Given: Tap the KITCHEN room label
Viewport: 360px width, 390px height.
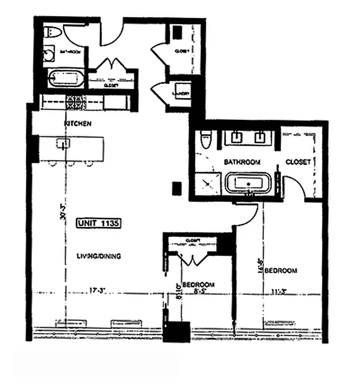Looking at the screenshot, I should coord(78,124).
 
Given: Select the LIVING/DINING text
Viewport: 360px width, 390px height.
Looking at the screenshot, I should coord(99,256).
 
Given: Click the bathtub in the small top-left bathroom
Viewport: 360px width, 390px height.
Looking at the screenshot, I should coord(66,78).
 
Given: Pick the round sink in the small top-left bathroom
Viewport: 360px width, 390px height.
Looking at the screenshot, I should coord(50,55).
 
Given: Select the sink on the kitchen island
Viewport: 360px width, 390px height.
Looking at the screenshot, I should coord(62,143).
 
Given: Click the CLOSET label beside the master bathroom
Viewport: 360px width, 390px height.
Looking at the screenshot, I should coord(298,162).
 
